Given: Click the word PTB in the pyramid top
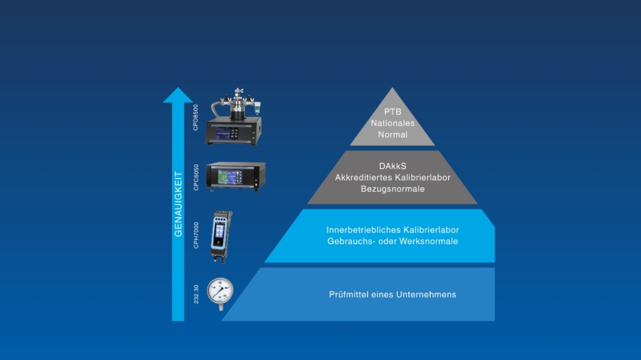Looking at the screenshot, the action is [392, 112].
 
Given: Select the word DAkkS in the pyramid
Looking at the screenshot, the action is [392, 167].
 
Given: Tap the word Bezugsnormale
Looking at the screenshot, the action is [392, 189].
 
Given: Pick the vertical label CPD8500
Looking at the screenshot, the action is [195, 118].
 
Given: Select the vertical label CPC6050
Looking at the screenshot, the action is [196, 177].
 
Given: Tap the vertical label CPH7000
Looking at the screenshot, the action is [196, 235].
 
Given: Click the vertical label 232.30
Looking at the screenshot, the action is [196, 294].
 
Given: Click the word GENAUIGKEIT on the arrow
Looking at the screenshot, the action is [177, 204].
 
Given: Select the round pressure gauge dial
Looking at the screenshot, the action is [220, 291].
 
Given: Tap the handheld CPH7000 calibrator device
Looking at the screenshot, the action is [221, 237].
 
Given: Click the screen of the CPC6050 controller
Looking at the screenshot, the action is [229, 177].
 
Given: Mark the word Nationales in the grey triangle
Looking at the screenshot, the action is [392, 123].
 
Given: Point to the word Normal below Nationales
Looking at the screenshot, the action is [392, 135].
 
